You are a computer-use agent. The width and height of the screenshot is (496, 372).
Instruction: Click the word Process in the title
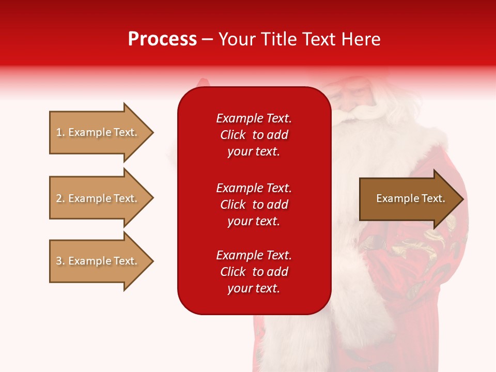[x=162, y=39]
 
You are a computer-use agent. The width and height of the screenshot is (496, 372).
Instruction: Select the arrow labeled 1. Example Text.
[x=97, y=132]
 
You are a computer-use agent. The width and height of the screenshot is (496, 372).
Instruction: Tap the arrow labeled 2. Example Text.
[x=97, y=198]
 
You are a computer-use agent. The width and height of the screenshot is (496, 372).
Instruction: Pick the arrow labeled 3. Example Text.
[x=97, y=261]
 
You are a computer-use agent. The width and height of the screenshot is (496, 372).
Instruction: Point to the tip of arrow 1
[x=151, y=132]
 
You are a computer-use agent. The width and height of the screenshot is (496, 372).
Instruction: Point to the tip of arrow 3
[x=151, y=261]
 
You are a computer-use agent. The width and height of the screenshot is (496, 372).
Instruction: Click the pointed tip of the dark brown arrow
[x=461, y=199]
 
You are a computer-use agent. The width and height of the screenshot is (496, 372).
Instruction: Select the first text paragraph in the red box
[x=254, y=135]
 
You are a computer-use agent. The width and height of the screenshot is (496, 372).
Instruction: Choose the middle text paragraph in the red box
[x=254, y=205]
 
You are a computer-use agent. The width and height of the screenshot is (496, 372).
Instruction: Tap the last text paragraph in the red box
[x=254, y=272]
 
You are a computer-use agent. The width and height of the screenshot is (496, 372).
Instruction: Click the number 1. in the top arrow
[x=60, y=132]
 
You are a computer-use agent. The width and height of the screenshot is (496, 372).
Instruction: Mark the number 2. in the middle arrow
[x=60, y=198]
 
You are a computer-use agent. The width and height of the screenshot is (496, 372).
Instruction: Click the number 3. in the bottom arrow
[x=60, y=261]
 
